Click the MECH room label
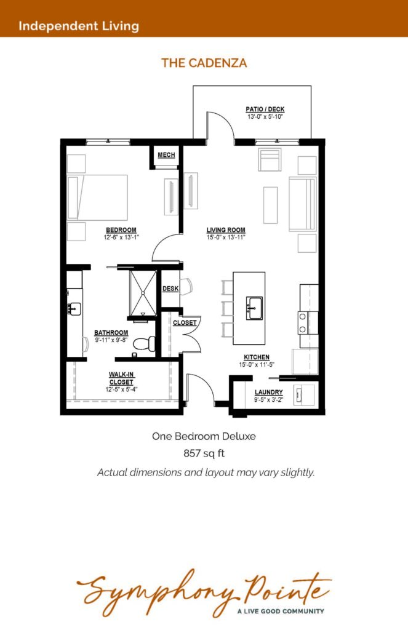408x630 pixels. point(166,155)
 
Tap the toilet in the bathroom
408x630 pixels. point(144,344)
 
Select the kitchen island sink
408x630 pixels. point(254,308)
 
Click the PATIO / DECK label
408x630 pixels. point(265,110)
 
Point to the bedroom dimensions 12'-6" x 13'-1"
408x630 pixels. point(121,237)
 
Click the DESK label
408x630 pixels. point(170,289)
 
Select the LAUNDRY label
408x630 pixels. point(268,392)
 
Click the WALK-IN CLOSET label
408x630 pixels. point(121,378)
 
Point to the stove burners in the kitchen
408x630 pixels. point(303,323)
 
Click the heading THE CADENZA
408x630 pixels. point(204,63)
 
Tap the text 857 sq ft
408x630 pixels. point(204,453)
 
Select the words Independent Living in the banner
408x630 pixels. point(79,26)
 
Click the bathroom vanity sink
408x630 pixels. point(74,309)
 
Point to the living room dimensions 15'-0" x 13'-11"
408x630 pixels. point(226,237)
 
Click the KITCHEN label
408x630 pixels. point(257,357)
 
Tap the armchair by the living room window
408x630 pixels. point(270,159)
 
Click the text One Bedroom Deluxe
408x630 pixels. point(204,436)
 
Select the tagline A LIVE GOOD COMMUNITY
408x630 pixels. point(281,611)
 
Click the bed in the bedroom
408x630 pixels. point(98,197)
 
